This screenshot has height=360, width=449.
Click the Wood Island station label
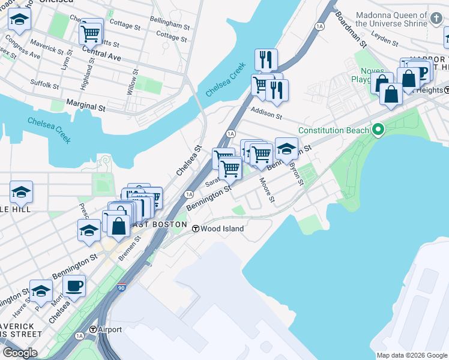tap(222, 229)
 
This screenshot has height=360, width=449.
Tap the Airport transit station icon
tap(93, 329)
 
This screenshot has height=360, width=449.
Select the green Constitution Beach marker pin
tap(378, 130)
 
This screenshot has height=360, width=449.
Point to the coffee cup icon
tap(74, 286)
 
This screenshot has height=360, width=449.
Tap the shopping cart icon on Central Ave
tap(90, 34)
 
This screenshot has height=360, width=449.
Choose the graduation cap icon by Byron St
tap(286, 148)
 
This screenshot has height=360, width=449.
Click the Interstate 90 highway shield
tap(122, 287)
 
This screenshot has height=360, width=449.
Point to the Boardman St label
tap(351, 28)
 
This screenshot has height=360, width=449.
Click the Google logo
tap(20, 353)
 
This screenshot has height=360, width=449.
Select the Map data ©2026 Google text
tap(412, 355)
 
